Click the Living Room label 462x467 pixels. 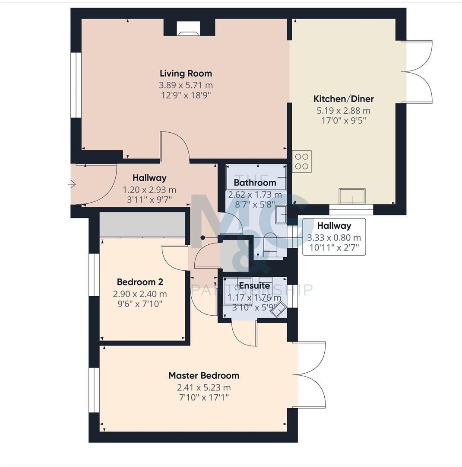coord(186,74)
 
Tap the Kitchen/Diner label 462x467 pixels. coord(343,99)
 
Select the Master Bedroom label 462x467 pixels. coord(203,375)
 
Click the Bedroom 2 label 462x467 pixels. coord(140,282)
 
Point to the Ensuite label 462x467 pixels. coord(254,286)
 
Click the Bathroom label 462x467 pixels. coord(255,182)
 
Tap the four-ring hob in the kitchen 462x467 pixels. coord(302,161)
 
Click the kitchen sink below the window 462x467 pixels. coord(352,196)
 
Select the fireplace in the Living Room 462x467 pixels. coord(189,29)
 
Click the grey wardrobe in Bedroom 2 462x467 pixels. coord(142,224)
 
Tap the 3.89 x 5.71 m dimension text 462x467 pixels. coord(186,86)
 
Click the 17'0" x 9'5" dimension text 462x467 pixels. coord(343,121)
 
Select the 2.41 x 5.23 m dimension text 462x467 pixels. coord(203,387)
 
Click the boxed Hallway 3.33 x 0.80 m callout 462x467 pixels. coord(334,237)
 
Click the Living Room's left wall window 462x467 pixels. coord(76,85)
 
